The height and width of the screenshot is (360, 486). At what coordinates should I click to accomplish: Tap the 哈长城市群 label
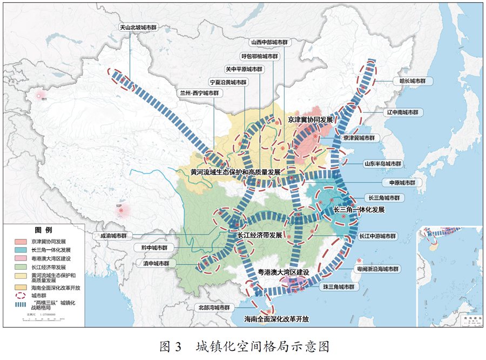pyautogui.click(x=412, y=81)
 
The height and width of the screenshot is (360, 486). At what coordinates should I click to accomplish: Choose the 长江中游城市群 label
pyautogui.click(x=377, y=236)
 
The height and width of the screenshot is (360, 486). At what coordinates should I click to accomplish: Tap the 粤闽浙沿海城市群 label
pyautogui.click(x=377, y=269)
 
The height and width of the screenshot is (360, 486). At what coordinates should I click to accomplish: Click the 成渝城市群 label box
pyautogui.click(x=113, y=236)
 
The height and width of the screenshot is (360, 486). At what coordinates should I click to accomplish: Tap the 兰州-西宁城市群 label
pyautogui.click(x=200, y=93)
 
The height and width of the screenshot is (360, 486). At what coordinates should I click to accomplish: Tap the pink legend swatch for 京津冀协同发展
pyautogui.click(x=20, y=241)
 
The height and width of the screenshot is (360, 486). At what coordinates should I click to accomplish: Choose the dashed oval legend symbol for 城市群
pyautogui.click(x=20, y=296)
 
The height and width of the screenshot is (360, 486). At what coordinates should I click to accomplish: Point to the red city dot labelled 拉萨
pyautogui.click(x=122, y=210)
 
